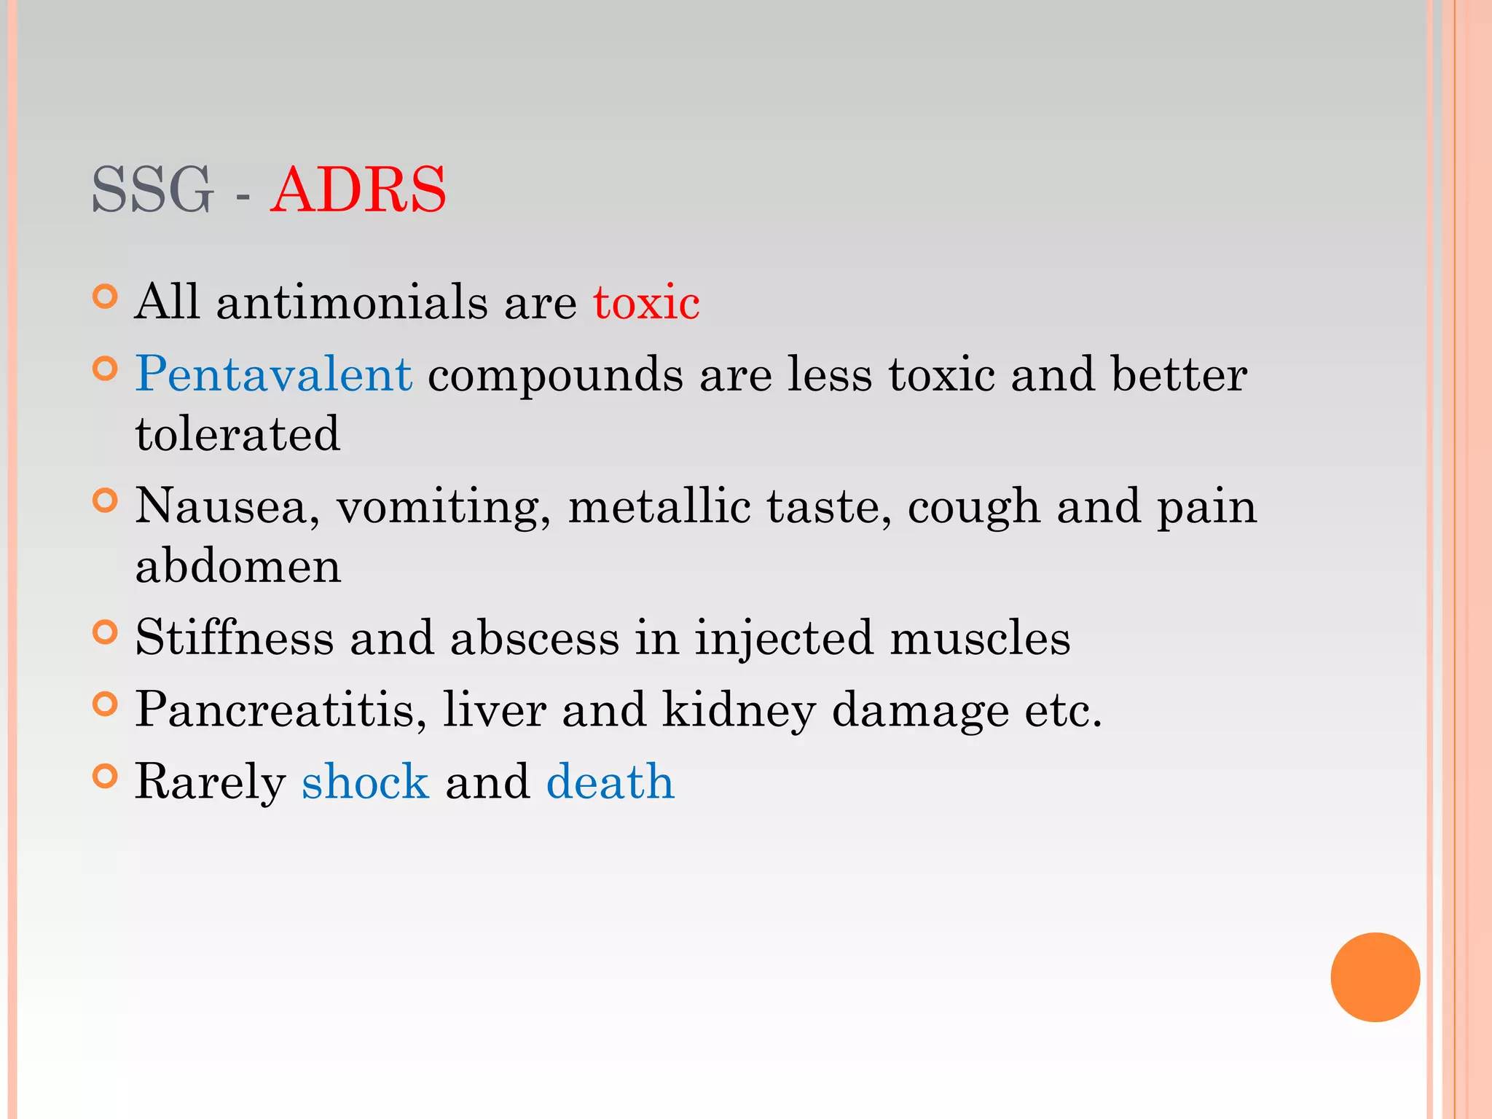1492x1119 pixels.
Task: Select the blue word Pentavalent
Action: (x=274, y=374)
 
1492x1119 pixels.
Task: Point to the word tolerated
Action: (x=237, y=434)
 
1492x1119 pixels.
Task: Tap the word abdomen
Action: (x=238, y=566)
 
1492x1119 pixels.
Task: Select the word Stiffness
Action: (x=235, y=637)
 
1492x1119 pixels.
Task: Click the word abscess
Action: (x=535, y=637)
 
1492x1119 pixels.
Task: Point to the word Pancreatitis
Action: (x=280, y=710)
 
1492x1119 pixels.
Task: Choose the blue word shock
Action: (x=365, y=782)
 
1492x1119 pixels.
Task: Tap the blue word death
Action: (x=610, y=782)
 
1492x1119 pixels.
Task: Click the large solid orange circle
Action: (x=1375, y=977)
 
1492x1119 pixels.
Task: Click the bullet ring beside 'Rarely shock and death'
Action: (x=106, y=777)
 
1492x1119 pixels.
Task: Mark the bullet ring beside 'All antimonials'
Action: (x=106, y=297)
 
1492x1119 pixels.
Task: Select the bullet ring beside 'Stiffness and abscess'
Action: (x=106, y=632)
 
